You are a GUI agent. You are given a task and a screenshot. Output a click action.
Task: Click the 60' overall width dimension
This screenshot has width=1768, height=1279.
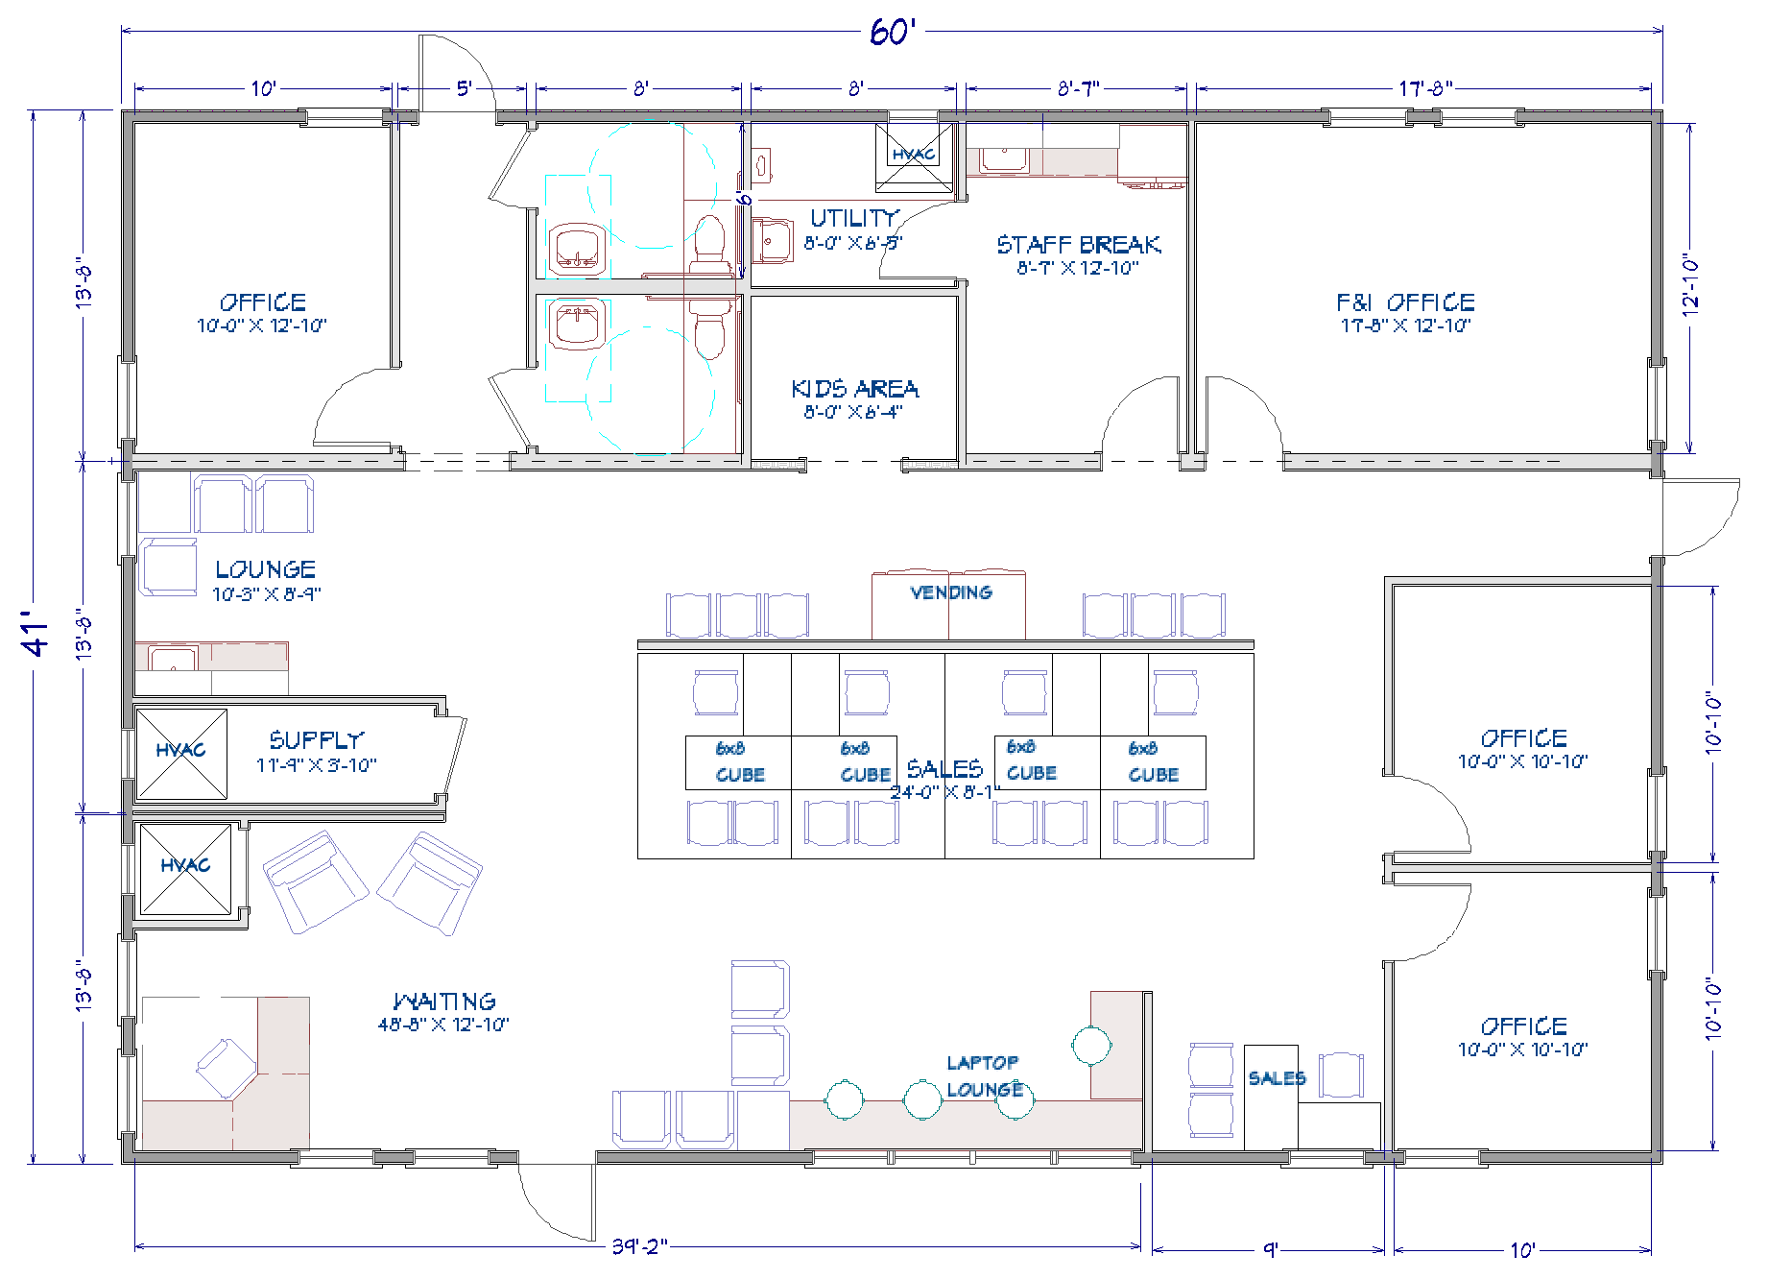894,32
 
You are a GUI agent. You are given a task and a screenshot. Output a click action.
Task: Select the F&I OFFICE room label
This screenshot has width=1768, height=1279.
1405,303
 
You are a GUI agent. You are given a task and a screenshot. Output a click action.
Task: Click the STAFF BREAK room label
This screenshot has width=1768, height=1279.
1078,246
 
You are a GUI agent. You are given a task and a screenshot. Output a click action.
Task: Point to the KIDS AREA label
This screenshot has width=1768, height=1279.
854,390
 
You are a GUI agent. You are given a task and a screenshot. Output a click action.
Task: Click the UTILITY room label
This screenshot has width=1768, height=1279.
854,219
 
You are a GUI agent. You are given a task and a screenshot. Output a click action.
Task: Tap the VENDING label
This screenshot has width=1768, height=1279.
950,592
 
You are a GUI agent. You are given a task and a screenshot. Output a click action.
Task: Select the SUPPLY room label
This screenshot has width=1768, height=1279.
316,740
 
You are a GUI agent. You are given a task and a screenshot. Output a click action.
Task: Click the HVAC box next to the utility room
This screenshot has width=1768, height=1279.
907,155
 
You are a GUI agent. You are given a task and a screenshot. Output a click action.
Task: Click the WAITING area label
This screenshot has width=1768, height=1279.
443,1002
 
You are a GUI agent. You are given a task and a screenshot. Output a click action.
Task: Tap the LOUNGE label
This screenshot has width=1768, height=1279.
265,570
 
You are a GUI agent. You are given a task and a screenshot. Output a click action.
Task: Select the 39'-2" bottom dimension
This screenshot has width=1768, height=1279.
639,1247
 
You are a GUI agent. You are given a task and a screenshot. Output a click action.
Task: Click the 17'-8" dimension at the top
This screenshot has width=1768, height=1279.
1424,89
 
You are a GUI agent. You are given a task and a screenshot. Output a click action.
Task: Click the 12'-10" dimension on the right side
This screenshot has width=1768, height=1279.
1691,285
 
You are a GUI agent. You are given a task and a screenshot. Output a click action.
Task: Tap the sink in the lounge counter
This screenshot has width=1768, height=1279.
173,659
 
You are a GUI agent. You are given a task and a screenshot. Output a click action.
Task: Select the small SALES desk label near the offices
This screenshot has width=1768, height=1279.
1276,1078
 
